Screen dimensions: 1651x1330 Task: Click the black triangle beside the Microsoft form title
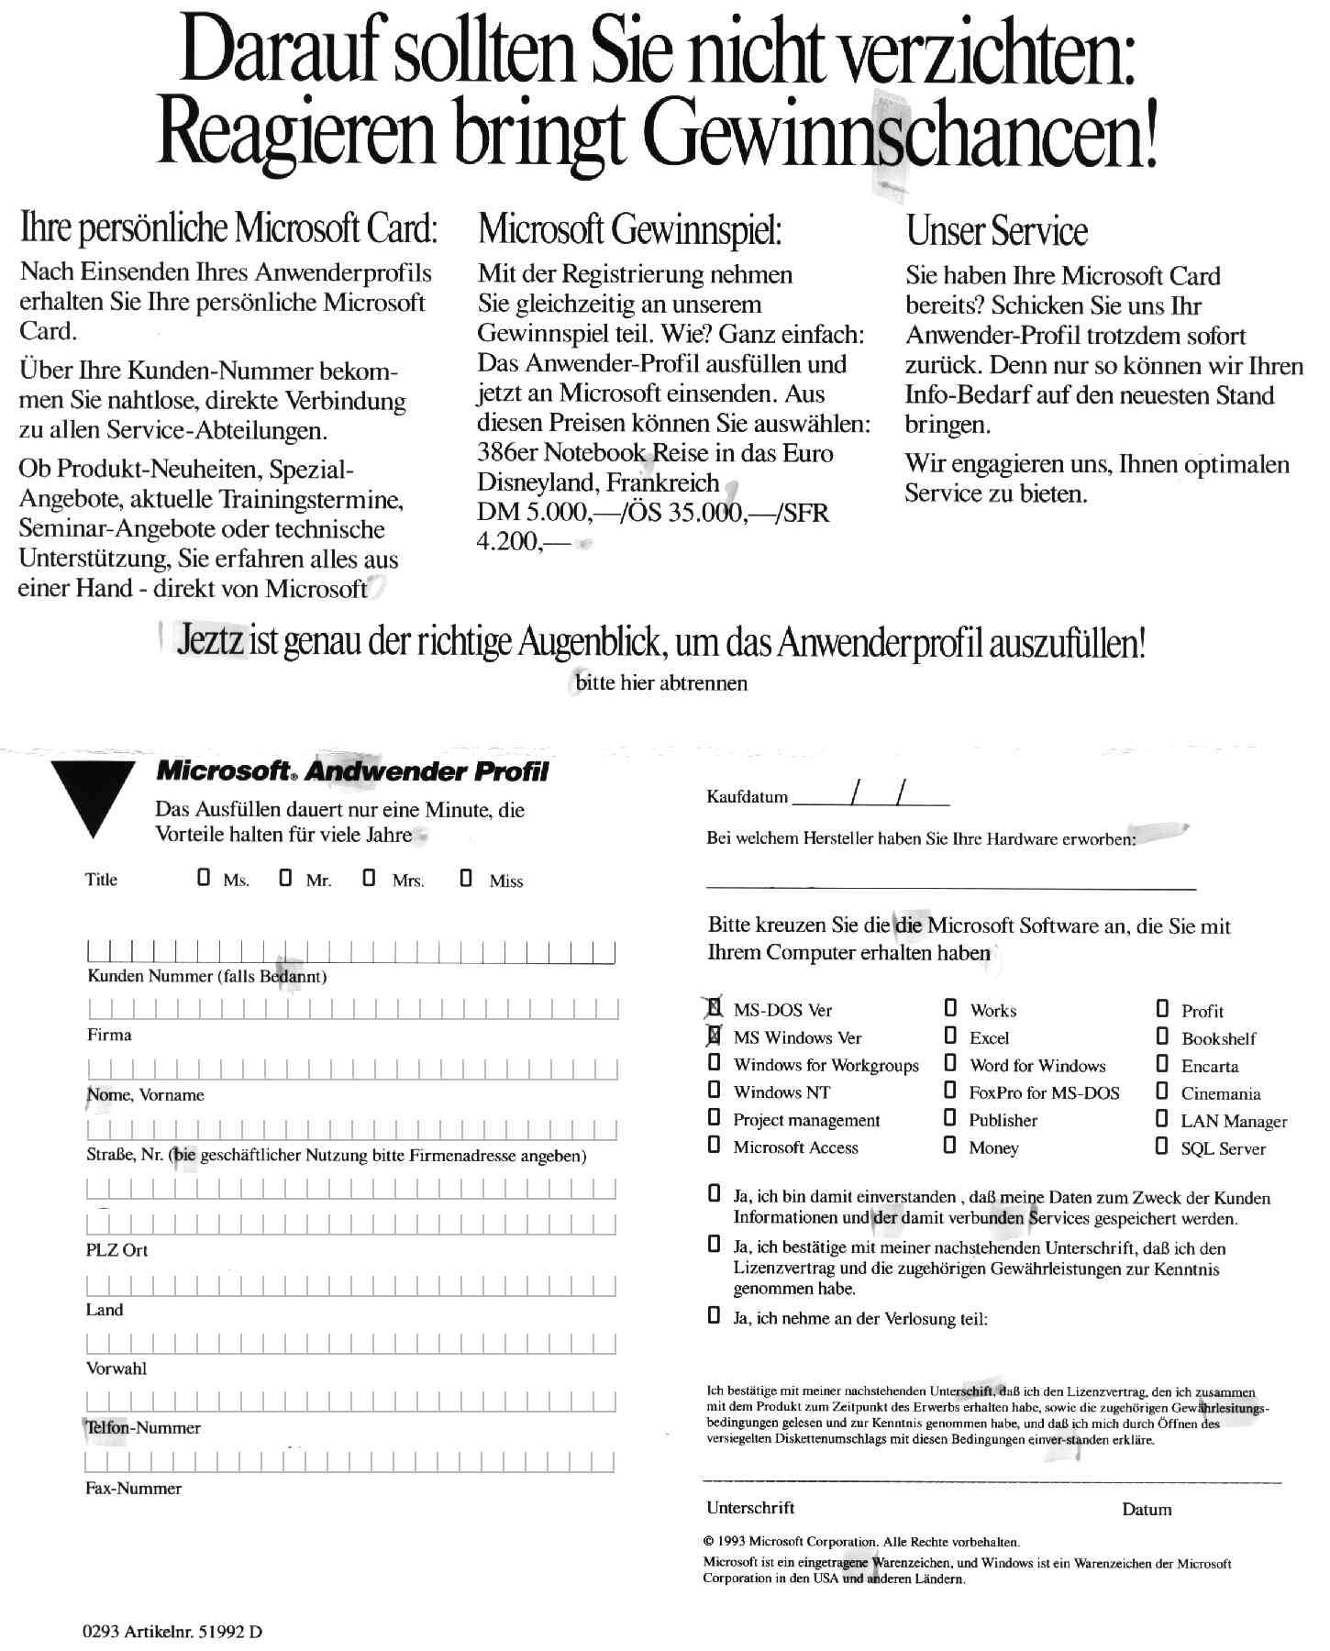point(93,794)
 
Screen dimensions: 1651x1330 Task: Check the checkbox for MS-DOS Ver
point(714,1008)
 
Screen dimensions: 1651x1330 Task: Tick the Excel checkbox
point(950,1036)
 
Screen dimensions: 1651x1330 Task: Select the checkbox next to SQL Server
point(1161,1146)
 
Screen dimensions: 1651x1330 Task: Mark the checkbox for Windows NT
point(714,1091)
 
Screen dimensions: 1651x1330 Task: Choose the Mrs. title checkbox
point(369,878)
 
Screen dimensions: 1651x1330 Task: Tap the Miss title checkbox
point(466,878)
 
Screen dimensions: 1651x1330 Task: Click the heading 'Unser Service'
point(996,230)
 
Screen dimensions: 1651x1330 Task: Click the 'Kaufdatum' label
point(747,796)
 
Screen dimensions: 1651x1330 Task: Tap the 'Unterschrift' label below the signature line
point(750,1507)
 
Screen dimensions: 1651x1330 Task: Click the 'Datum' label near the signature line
point(1147,1509)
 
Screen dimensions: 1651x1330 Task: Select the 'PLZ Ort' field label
point(116,1249)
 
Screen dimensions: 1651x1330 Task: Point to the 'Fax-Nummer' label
point(133,1488)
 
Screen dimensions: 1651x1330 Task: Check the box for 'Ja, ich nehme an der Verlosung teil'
point(714,1316)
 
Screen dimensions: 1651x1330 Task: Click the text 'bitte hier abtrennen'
point(661,682)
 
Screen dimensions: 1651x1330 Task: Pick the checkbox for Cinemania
point(1161,1091)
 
